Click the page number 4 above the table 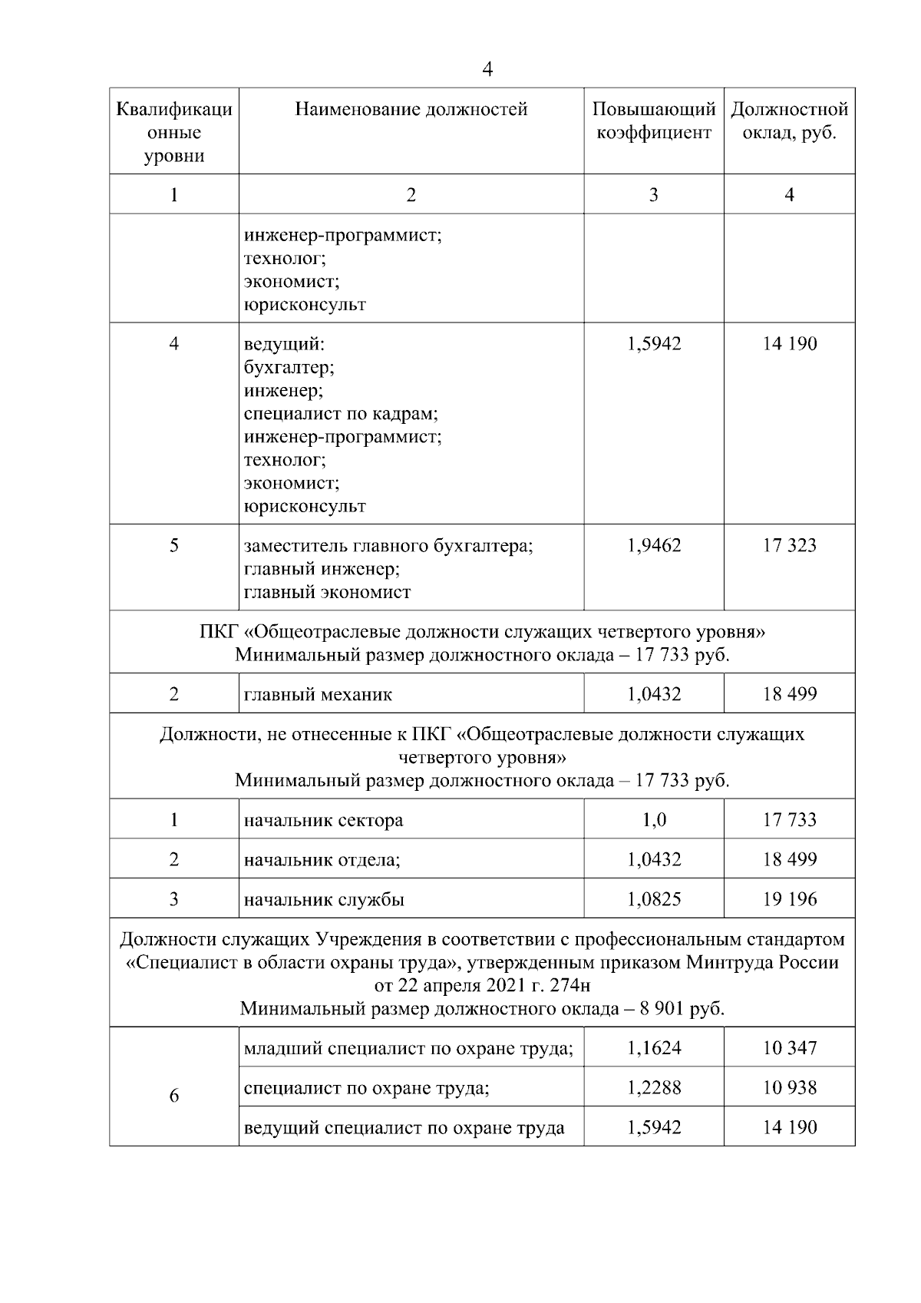tap(487, 70)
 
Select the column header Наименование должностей tap(411, 110)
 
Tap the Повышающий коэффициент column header tap(653, 121)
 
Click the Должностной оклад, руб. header tap(789, 121)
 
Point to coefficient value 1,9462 tap(653, 546)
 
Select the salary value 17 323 tap(789, 546)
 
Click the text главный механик tap(318, 695)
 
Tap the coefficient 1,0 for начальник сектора tap(653, 820)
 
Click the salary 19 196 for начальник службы tap(789, 899)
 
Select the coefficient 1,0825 tap(653, 899)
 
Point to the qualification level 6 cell tap(174, 1096)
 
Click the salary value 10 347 tap(789, 1048)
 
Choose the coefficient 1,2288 tap(653, 1088)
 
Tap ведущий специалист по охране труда tap(404, 1128)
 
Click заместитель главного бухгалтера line tap(388, 546)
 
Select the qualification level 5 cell tap(174, 546)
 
